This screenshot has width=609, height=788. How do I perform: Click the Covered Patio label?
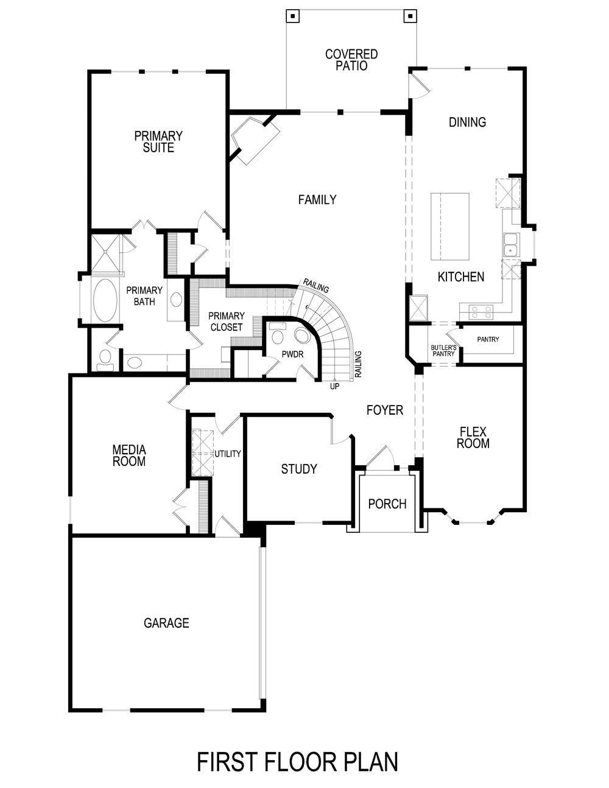(x=351, y=60)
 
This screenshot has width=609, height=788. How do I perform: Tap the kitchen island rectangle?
(x=450, y=226)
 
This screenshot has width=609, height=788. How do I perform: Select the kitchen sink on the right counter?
(x=510, y=244)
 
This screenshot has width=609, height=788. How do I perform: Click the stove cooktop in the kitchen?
(x=481, y=312)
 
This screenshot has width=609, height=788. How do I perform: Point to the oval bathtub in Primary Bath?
(x=107, y=301)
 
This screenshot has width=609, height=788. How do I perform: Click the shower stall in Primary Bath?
(x=107, y=252)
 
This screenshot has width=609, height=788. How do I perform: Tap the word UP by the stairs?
(x=334, y=386)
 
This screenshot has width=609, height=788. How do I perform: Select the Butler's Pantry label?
(x=443, y=350)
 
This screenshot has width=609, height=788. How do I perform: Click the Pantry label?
(x=488, y=339)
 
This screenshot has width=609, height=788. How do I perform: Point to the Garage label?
(x=166, y=623)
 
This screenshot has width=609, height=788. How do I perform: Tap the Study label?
(x=299, y=469)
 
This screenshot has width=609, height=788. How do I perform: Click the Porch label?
(x=387, y=504)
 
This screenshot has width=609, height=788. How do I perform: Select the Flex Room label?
(x=473, y=438)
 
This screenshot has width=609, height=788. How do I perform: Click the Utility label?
(x=228, y=454)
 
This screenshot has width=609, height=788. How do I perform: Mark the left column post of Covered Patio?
(x=293, y=16)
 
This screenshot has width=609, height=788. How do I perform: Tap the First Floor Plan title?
(x=297, y=762)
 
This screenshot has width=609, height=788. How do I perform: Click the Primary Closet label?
(x=226, y=322)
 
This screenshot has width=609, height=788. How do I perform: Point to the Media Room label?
(x=129, y=456)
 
